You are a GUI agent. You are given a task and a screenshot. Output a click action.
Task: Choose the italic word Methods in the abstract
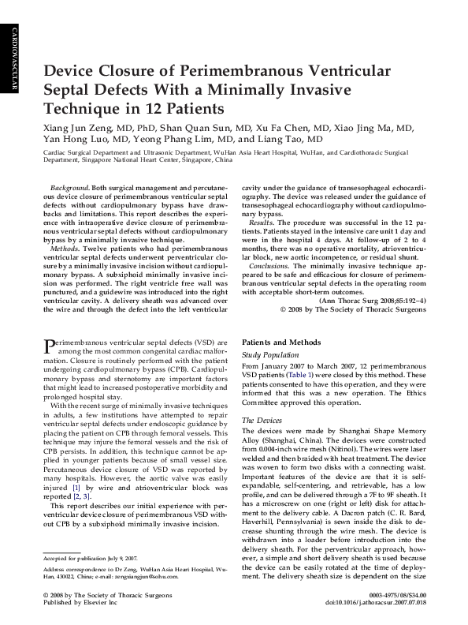click(65, 248)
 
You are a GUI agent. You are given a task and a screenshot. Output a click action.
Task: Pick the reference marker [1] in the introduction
click(76, 489)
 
